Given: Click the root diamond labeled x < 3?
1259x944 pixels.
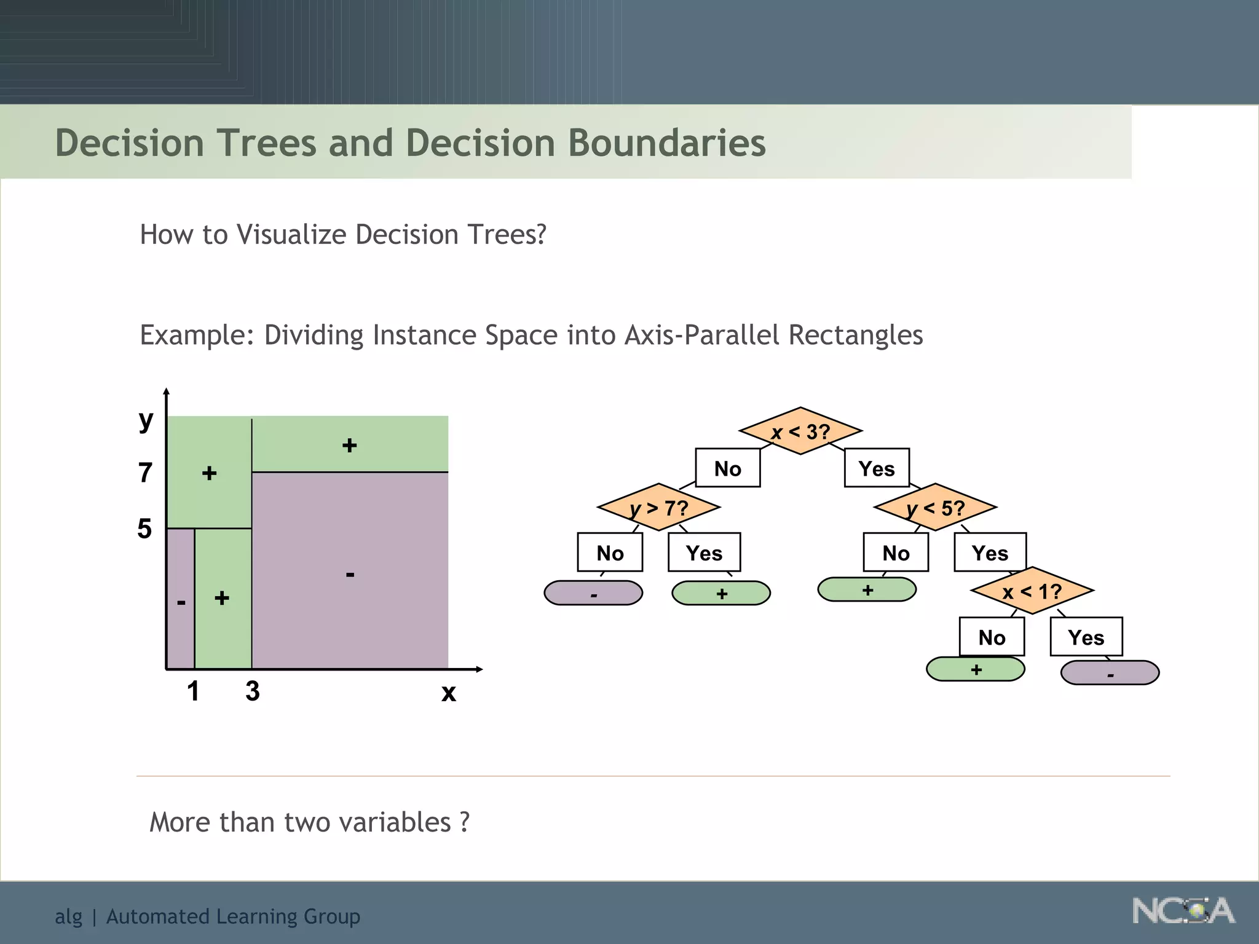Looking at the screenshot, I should [800, 431].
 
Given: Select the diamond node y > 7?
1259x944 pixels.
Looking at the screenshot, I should [658, 508].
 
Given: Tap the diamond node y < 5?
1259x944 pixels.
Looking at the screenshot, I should [935, 508].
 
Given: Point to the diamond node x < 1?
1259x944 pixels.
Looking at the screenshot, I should [1032, 591].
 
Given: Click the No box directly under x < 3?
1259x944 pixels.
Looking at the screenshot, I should [728, 468].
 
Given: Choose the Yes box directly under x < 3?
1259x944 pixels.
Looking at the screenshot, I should [877, 468].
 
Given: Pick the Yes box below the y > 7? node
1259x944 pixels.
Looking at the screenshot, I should [704, 553].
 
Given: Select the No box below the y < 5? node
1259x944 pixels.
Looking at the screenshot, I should [896, 553].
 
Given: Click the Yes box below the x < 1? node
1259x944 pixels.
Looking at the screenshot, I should [1086, 637].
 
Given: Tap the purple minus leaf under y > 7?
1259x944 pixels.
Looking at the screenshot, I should [593, 593].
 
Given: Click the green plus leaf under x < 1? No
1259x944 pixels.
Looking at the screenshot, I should [976, 669].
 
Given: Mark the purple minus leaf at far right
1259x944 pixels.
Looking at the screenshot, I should [1110, 673].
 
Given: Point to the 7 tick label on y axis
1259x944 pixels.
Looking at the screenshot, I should [145, 473].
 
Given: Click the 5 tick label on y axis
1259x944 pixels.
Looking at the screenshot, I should [144, 529].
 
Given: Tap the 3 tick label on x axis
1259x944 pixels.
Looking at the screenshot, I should [252, 691].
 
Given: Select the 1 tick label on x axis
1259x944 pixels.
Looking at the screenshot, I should [193, 691].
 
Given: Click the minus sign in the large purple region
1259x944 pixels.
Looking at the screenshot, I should [350, 575].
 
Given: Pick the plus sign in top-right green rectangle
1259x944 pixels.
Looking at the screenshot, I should [349, 445].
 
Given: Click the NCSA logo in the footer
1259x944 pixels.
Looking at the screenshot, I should [1183, 911].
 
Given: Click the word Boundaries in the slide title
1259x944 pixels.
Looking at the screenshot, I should [666, 143].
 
